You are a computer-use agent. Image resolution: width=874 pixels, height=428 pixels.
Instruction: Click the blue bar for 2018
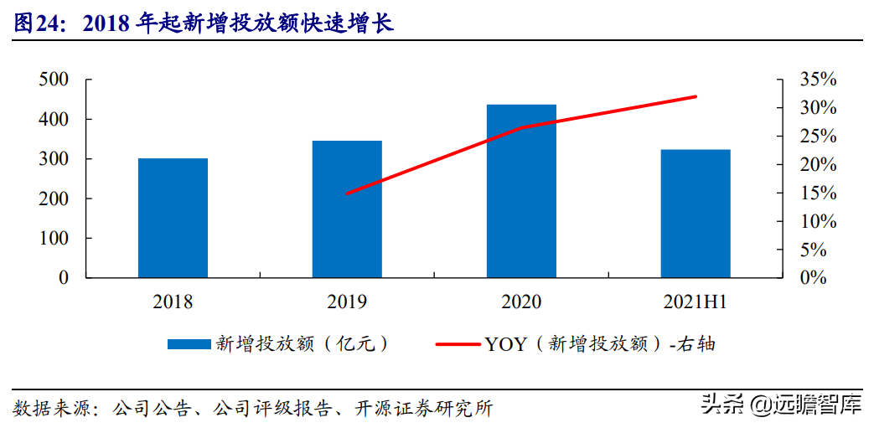173,218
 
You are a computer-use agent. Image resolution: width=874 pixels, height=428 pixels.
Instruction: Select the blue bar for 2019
347,209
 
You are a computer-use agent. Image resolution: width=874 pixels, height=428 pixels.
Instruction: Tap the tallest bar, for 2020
521,191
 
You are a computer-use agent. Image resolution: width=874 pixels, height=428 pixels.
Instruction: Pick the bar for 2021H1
695,214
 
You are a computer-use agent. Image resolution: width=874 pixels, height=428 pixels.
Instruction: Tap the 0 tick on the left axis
64,277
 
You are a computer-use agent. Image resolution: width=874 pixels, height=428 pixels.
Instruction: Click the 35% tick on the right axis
818,80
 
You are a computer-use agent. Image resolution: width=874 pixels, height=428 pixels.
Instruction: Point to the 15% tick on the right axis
818,193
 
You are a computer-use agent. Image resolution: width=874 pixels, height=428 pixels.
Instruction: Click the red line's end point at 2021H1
696,96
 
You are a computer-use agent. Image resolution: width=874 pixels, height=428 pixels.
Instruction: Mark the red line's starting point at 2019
347,193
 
